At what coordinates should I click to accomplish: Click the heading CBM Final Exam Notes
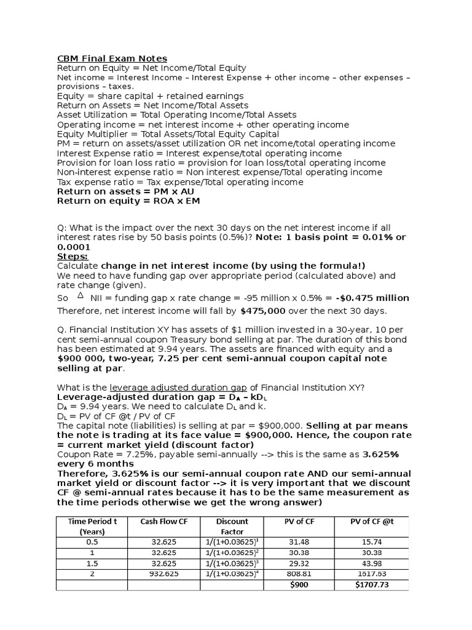(x=112, y=58)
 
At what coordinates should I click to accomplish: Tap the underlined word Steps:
(x=73, y=256)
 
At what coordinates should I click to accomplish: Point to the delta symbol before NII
(x=81, y=296)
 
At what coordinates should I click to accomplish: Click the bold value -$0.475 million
(x=372, y=298)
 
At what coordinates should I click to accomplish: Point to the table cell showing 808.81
(x=300, y=574)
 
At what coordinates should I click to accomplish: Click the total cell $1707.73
(x=372, y=584)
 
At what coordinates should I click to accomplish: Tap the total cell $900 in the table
(x=300, y=584)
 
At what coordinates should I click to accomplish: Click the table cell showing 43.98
(x=372, y=564)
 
